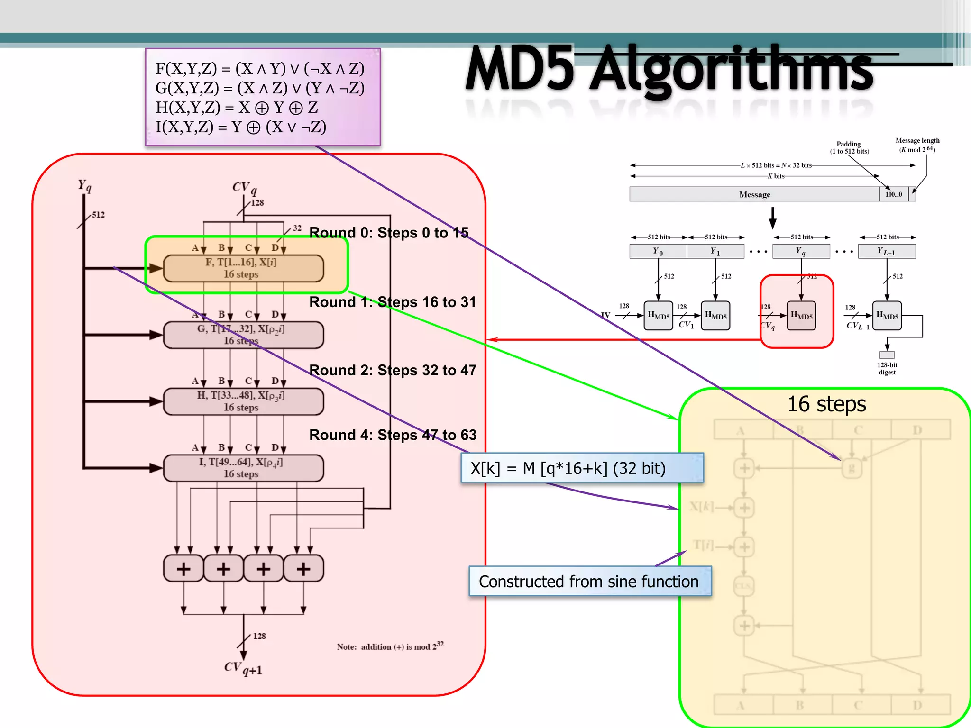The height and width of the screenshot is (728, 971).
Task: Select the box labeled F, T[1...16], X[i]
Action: [243, 268]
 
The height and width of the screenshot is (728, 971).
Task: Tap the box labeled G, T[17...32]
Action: [243, 335]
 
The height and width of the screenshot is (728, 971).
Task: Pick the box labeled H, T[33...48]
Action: [243, 401]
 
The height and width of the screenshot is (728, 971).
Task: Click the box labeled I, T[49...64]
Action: [243, 468]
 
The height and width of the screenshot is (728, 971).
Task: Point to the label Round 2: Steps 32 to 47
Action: [393, 370]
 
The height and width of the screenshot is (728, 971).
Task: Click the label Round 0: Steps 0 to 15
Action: [389, 233]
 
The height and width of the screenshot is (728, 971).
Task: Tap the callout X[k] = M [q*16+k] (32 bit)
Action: [582, 468]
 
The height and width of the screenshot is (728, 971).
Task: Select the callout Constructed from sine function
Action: [589, 581]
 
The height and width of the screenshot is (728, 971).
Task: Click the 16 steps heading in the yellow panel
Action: [826, 404]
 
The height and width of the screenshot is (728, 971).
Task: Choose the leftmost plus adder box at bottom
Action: [183, 568]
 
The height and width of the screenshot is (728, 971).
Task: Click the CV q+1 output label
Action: [243, 668]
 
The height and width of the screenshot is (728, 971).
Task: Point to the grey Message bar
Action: [754, 194]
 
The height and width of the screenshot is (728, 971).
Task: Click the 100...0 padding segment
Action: [894, 194]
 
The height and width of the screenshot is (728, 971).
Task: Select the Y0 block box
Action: [658, 251]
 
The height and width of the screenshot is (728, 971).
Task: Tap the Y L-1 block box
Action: [887, 251]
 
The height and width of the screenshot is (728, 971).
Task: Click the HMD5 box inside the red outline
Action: [801, 316]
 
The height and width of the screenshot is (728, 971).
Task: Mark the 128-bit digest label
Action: [887, 368]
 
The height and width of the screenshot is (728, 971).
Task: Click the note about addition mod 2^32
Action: [390, 646]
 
